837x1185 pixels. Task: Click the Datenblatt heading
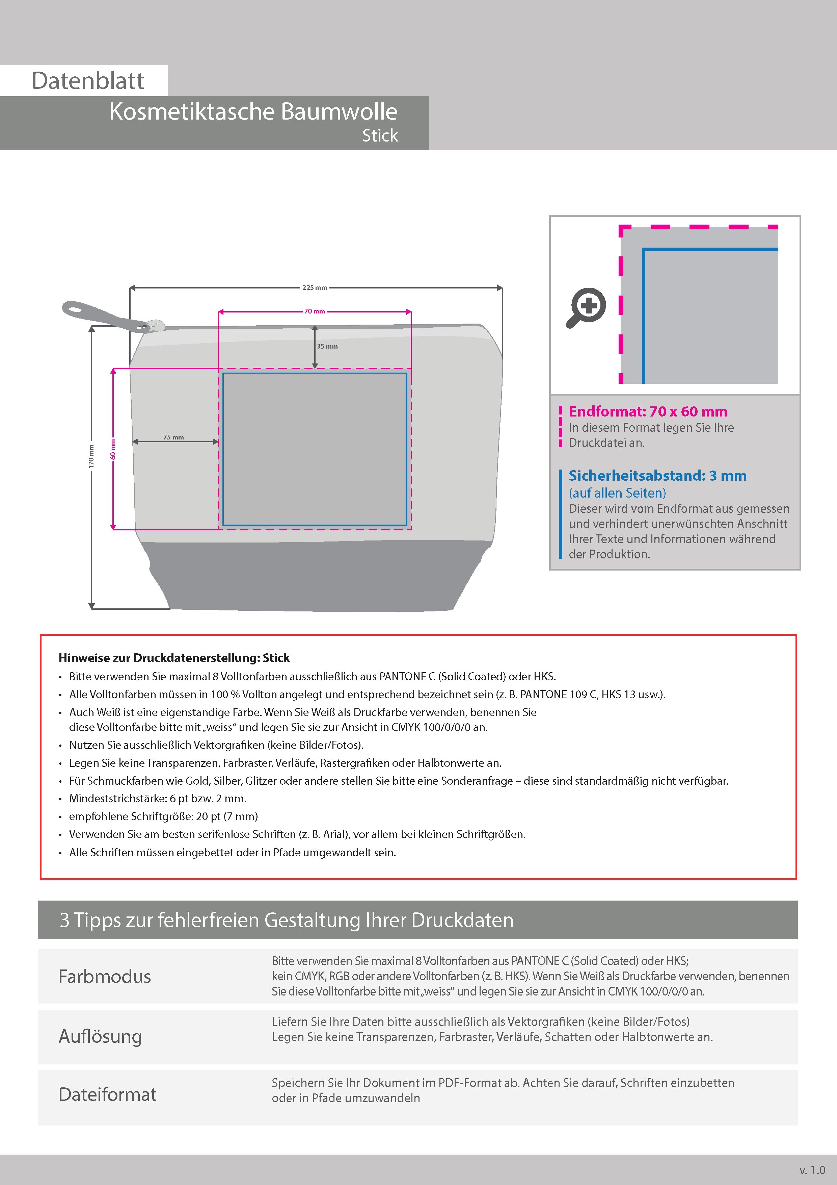pyautogui.click(x=88, y=81)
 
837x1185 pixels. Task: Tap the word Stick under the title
pyautogui.click(x=380, y=136)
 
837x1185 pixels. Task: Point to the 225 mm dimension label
pyautogui.click(x=315, y=287)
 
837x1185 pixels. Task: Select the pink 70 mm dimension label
pyautogui.click(x=315, y=311)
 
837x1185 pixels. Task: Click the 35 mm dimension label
pyautogui.click(x=327, y=346)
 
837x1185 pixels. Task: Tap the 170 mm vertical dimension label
pyautogui.click(x=91, y=456)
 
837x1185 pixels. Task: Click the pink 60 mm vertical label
pyautogui.click(x=113, y=449)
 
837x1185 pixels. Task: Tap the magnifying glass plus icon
pyautogui.click(x=587, y=307)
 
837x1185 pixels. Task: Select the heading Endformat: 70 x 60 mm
pyautogui.click(x=648, y=411)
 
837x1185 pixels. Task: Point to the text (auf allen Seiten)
pyautogui.click(x=617, y=493)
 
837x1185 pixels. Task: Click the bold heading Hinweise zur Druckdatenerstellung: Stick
pyautogui.click(x=174, y=658)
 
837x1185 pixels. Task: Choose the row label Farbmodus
pyautogui.click(x=105, y=977)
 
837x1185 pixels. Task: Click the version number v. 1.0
pyautogui.click(x=812, y=1170)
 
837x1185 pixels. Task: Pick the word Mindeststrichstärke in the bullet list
pyautogui.click(x=117, y=799)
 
